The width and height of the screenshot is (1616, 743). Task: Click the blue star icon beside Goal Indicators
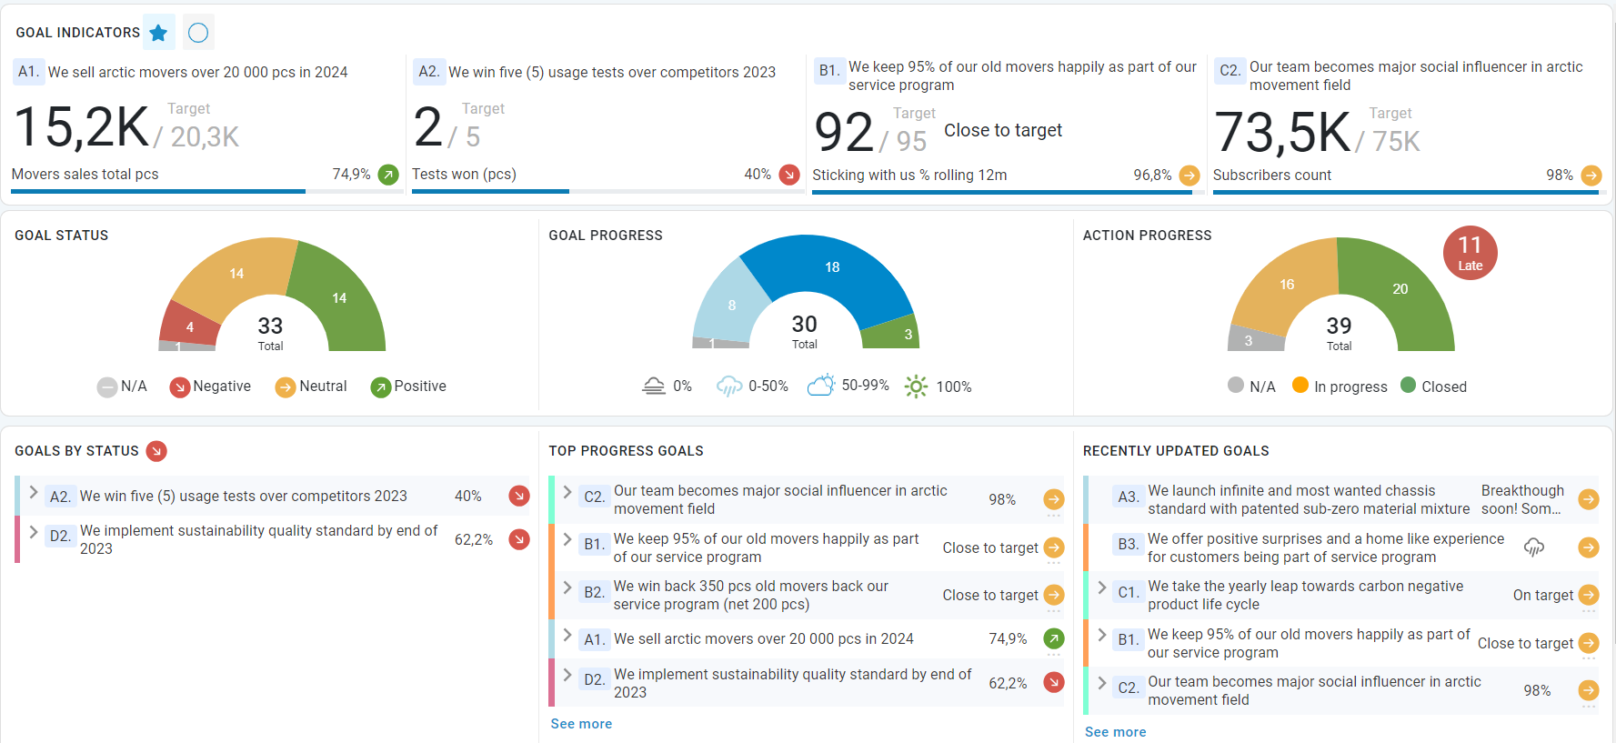[x=159, y=33]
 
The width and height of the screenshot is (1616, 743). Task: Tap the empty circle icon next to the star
[x=198, y=33]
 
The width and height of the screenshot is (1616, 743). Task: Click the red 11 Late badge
[x=1470, y=253]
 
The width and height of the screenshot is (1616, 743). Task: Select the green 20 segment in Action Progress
[x=1400, y=289]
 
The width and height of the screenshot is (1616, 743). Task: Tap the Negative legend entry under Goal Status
[x=211, y=387]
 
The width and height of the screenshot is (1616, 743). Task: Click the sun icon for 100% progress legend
[x=916, y=387]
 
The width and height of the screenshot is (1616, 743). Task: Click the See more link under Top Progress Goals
[x=581, y=724]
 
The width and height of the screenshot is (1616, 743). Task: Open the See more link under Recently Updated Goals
[x=1115, y=732]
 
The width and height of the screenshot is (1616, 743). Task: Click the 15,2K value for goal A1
[x=82, y=127]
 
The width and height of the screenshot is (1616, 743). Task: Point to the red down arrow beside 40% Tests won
[x=789, y=175]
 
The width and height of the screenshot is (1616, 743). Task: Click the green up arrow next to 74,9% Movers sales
[x=388, y=175]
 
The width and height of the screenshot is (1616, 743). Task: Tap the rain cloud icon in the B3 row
[x=1534, y=547]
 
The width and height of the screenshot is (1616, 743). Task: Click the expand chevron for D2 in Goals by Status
[x=34, y=532]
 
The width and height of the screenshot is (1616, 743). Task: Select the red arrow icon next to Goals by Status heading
[x=156, y=451]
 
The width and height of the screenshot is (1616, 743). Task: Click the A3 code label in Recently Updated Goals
[x=1128, y=497]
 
